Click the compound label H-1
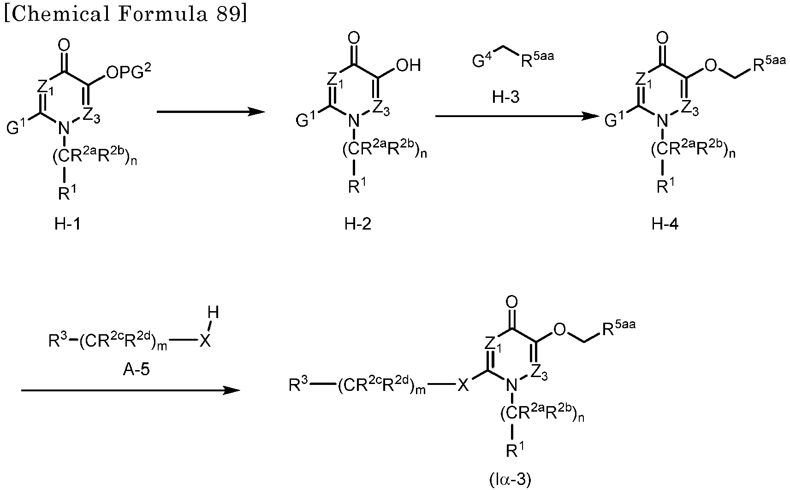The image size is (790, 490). pyautogui.click(x=67, y=224)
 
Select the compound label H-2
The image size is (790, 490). pyautogui.click(x=357, y=224)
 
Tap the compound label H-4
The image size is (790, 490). pyautogui.click(x=665, y=224)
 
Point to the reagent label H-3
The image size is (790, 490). pyautogui.click(x=506, y=96)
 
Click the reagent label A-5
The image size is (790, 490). pyautogui.click(x=136, y=369)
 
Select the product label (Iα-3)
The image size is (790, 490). pyautogui.click(x=511, y=479)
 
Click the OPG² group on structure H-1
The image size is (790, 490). pyautogui.click(x=128, y=72)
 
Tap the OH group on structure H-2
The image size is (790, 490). pyautogui.click(x=409, y=65)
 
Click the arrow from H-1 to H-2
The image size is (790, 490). pyautogui.click(x=211, y=112)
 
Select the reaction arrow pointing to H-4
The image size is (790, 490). pyautogui.click(x=517, y=116)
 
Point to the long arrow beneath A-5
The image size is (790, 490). pyautogui.click(x=131, y=390)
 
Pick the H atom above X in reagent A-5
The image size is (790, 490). pyautogui.click(x=213, y=313)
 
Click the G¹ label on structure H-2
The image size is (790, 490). pyautogui.click(x=306, y=118)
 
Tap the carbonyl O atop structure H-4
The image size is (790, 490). pyautogui.click(x=662, y=38)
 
